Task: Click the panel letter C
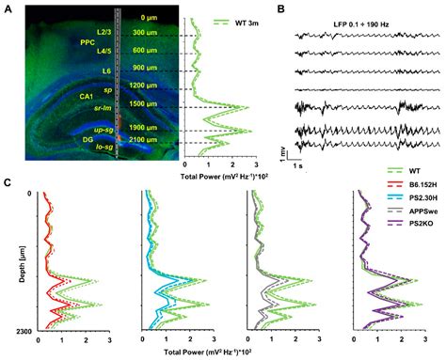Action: (8, 184)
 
